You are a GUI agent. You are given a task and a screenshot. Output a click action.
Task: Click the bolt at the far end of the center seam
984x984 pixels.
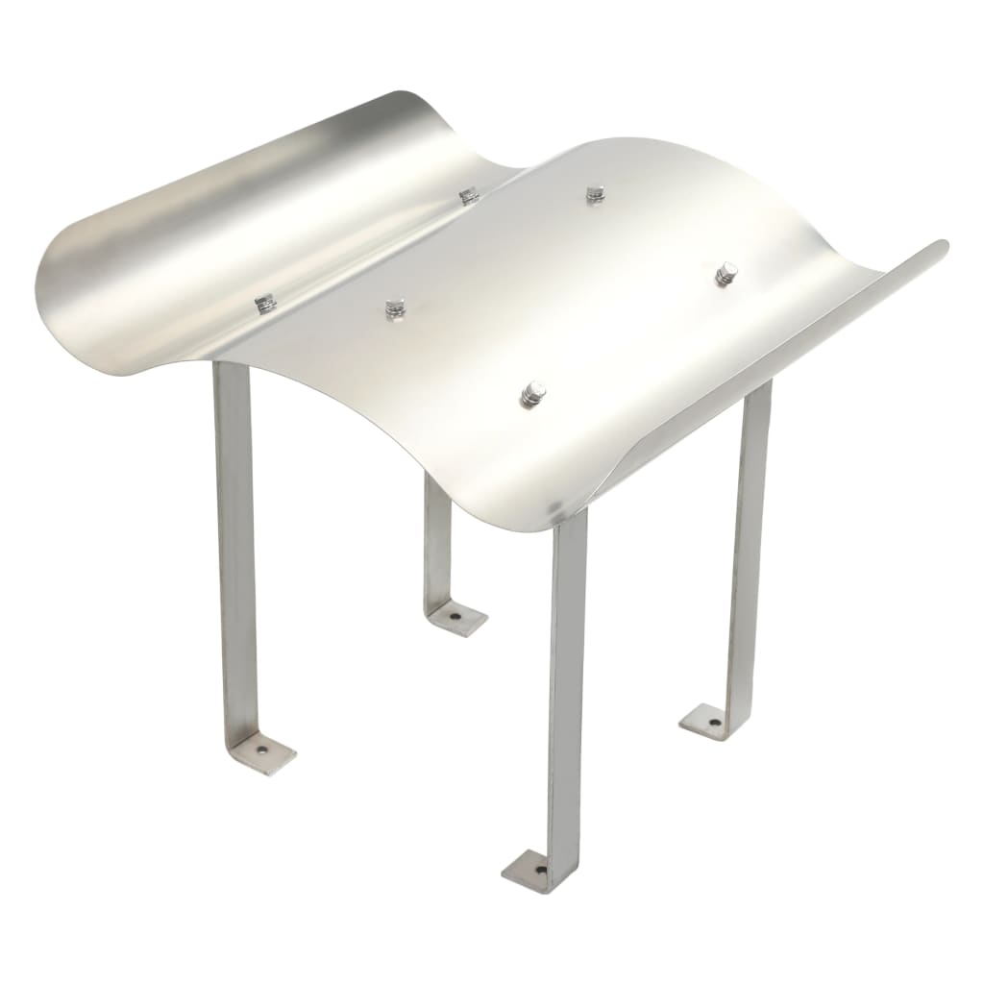(469, 196)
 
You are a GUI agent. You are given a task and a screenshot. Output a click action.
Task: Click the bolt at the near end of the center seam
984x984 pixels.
(265, 305)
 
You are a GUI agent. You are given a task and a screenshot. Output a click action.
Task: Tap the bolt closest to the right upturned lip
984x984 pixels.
(726, 274)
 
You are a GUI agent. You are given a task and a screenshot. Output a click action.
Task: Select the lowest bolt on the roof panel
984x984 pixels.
(533, 393)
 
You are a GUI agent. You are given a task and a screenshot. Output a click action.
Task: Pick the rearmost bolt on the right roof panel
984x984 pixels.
(596, 194)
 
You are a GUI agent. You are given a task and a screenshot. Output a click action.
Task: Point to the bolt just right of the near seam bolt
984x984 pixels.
(395, 308)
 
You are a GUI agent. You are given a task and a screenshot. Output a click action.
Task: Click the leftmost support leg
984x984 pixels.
(235, 538)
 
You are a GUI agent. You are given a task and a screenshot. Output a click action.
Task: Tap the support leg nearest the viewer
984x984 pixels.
(567, 673)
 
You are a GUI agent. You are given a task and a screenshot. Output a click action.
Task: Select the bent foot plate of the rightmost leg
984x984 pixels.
(706, 722)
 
